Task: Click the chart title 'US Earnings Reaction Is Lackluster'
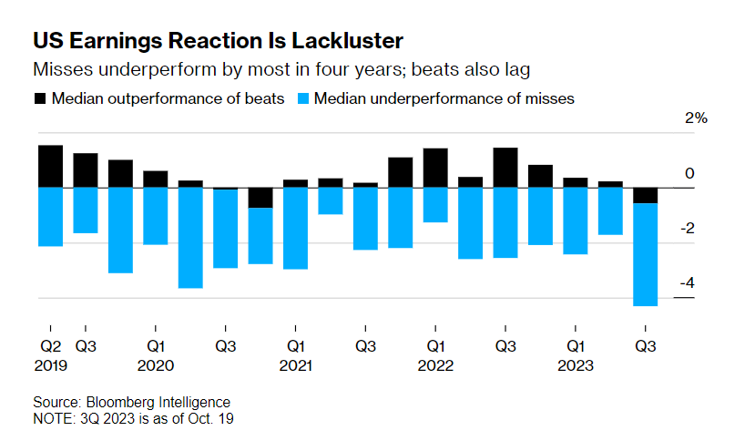[218, 41]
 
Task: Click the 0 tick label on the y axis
[689, 174]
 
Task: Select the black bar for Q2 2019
[50, 166]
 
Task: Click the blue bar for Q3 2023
[646, 254]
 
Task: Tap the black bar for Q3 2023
[646, 195]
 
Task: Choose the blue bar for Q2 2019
[50, 216]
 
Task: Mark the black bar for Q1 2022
[435, 168]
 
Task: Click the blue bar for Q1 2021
[295, 228]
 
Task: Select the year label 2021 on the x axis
[296, 365]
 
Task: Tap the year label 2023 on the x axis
[576, 365]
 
